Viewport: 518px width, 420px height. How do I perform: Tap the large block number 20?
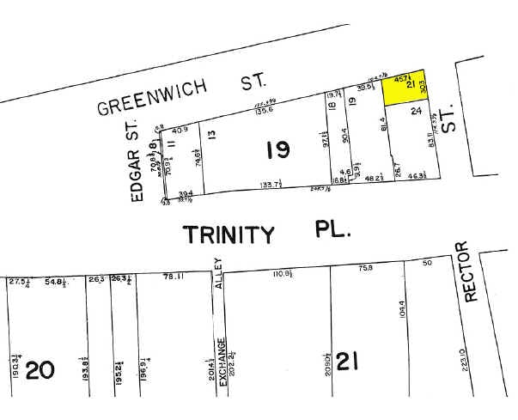[41, 370]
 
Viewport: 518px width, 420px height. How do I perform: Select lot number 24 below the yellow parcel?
[416, 112]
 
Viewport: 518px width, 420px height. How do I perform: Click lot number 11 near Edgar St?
[171, 143]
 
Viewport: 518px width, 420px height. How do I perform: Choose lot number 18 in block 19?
[331, 107]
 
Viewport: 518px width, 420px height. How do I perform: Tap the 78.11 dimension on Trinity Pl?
[174, 275]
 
